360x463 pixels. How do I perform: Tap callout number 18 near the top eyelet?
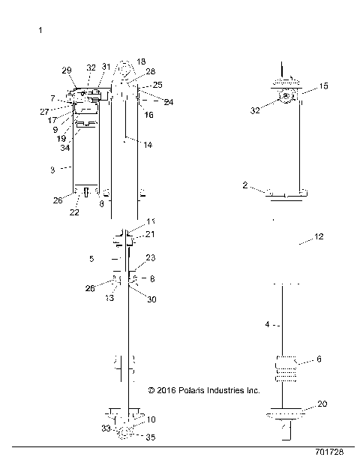[142, 62]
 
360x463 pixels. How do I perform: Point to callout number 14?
[147, 144]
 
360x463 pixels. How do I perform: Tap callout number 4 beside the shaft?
[266, 326]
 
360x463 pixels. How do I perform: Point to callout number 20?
[322, 403]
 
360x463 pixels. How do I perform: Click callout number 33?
[106, 428]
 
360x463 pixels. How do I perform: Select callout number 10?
[151, 419]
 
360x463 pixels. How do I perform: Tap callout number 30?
[152, 299]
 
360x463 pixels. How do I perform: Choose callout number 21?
[150, 235]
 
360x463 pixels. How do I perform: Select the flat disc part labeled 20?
[286, 413]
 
